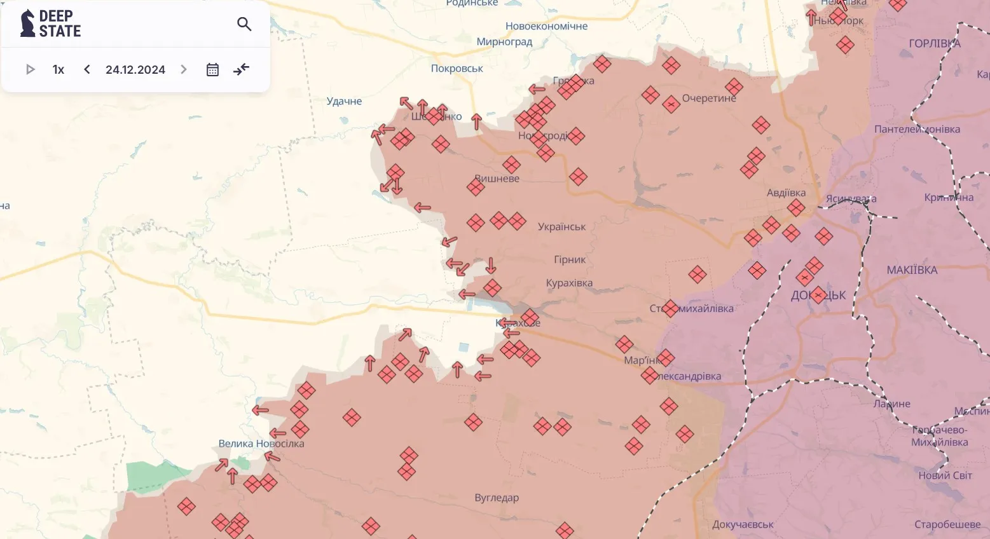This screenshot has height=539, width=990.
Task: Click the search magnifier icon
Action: click(244, 24)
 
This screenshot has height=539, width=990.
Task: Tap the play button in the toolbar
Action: click(30, 69)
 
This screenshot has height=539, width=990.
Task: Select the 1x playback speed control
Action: click(58, 69)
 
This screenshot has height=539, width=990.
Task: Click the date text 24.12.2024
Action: click(135, 69)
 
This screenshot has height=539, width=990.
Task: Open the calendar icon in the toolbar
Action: click(212, 69)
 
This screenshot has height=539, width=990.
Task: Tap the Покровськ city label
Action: click(457, 68)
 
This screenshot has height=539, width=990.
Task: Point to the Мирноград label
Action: click(504, 41)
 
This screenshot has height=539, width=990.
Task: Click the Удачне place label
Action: click(344, 101)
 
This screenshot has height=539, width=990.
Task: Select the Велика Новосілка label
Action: click(261, 443)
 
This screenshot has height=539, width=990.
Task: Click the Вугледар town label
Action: click(497, 497)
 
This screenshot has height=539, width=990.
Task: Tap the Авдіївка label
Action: click(786, 193)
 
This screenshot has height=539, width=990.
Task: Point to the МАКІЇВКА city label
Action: click(912, 269)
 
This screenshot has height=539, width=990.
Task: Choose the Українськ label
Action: click(561, 226)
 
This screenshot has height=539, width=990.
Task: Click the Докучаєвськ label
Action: click(743, 524)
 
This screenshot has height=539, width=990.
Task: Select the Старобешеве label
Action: click(947, 524)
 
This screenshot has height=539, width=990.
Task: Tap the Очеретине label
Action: click(709, 99)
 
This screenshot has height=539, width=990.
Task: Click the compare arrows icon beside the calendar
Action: click(241, 69)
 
